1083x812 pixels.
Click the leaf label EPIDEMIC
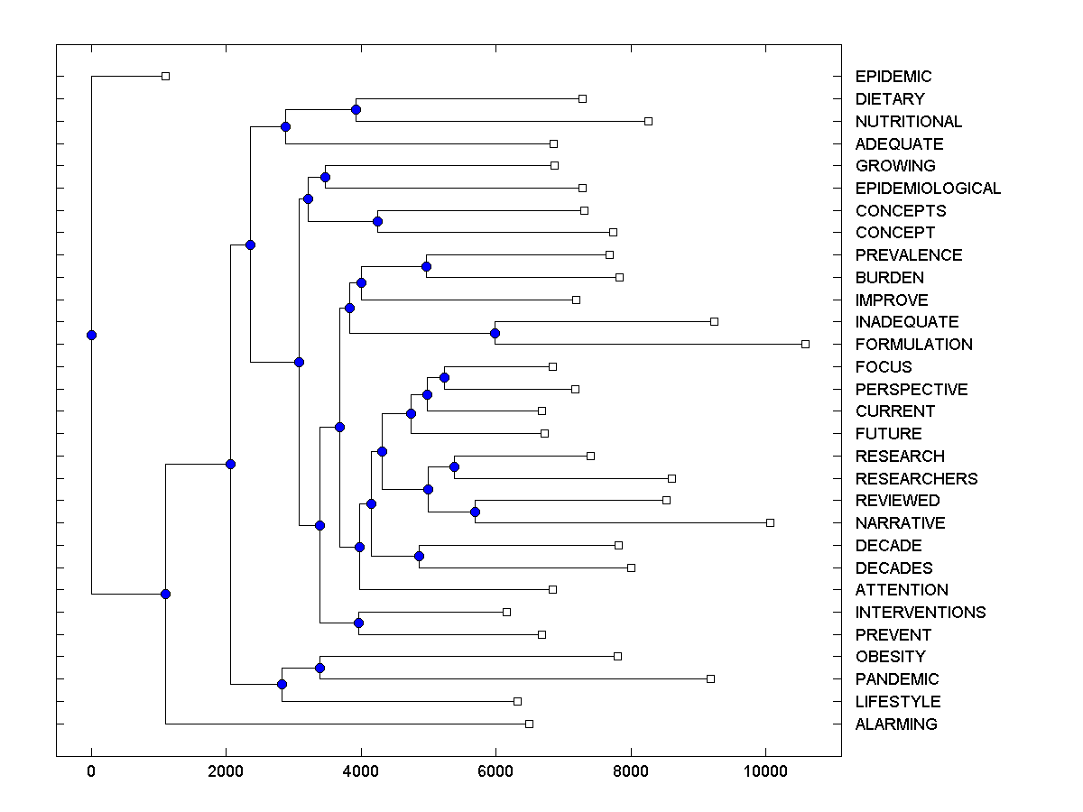pyautogui.click(x=893, y=77)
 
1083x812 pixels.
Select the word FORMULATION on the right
pyautogui.click(x=913, y=345)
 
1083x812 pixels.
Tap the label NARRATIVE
pyautogui.click(x=900, y=523)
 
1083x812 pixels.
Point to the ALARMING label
pyautogui.click(x=895, y=724)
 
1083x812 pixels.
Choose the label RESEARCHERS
pyautogui.click(x=916, y=479)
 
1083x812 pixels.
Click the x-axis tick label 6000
pyautogui.click(x=495, y=770)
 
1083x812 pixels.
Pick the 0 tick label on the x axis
pyautogui.click(x=91, y=770)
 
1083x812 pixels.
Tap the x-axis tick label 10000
pyautogui.click(x=765, y=770)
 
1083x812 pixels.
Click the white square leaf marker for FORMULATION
pyautogui.click(x=806, y=344)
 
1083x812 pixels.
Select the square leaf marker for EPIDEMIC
pyautogui.click(x=165, y=76)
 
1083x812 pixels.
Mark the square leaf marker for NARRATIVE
pyautogui.click(x=770, y=522)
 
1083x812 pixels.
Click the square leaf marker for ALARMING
pyautogui.click(x=529, y=724)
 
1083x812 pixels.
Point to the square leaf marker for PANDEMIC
pyautogui.click(x=710, y=678)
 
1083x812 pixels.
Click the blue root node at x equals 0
pyautogui.click(x=91, y=335)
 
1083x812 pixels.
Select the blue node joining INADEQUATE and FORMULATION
pyautogui.click(x=495, y=333)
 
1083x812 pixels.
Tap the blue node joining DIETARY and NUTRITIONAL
pyautogui.click(x=356, y=109)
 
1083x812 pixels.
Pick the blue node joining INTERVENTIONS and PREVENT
pyautogui.click(x=358, y=623)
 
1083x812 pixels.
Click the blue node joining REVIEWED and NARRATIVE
pyautogui.click(x=475, y=512)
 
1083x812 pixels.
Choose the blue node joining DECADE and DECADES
pyautogui.click(x=419, y=556)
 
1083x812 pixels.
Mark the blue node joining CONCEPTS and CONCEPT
pyautogui.click(x=377, y=221)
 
